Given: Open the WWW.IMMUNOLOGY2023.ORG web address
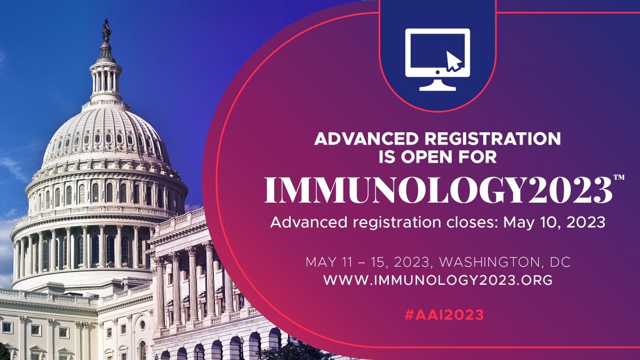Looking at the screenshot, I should click(x=437, y=280).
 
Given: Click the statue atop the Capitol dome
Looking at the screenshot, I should click(x=107, y=31).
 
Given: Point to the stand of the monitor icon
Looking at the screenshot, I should click(x=437, y=85).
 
